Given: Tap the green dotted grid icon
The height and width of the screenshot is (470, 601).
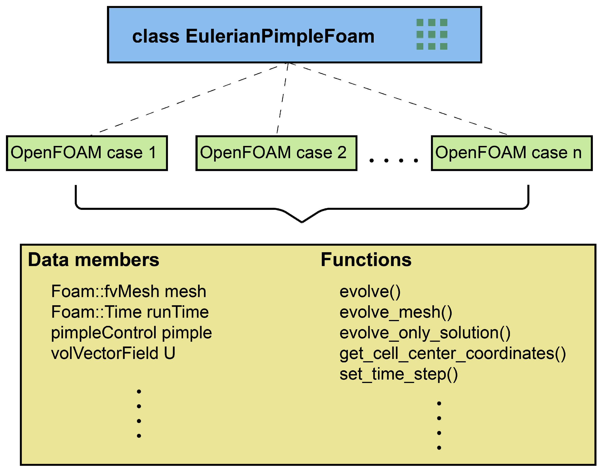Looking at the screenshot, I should click(432, 34).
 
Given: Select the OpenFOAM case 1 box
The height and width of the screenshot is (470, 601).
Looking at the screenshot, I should click(87, 153).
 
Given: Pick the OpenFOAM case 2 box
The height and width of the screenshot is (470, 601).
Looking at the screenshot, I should click(276, 153).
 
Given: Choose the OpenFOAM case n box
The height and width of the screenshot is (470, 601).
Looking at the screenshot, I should click(511, 153).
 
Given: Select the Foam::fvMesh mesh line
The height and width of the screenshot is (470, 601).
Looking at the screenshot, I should click(128, 291).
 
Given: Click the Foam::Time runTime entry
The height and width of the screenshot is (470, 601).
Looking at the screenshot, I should click(130, 312).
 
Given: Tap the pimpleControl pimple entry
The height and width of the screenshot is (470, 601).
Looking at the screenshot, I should click(131, 333).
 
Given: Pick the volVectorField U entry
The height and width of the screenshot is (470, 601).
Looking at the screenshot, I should click(113, 353).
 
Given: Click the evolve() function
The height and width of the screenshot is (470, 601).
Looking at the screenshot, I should click(370, 292).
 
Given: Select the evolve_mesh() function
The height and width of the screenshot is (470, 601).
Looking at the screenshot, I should click(396, 312).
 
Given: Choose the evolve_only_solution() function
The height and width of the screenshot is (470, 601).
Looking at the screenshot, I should click(425, 333).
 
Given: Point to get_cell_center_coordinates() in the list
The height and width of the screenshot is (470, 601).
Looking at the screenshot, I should click(452, 354).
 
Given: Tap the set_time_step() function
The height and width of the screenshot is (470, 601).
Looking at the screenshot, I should click(398, 374).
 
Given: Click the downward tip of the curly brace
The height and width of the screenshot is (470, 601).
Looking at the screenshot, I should click(302, 222).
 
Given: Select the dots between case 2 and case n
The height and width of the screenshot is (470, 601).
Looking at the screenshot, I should click(393, 160).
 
